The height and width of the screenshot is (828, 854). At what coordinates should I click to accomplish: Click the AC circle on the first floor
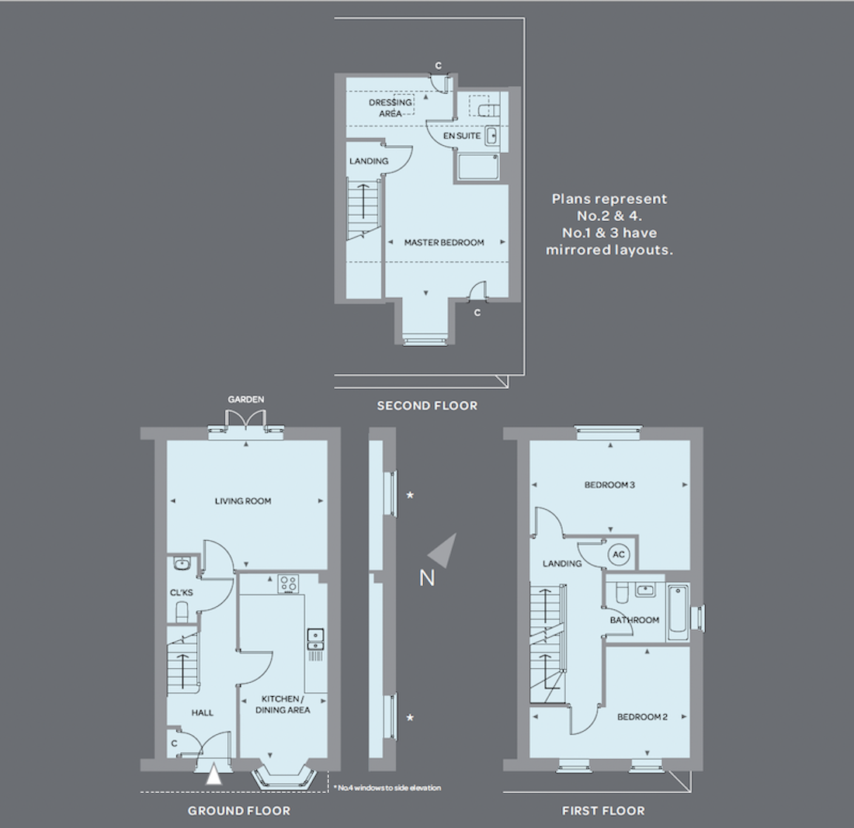point(619,555)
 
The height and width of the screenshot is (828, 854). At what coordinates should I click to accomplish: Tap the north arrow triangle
point(445,551)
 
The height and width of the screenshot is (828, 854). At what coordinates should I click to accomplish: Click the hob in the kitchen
point(288,584)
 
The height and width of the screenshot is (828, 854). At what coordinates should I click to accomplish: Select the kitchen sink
point(315,639)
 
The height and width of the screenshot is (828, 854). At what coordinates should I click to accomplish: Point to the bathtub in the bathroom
point(678,612)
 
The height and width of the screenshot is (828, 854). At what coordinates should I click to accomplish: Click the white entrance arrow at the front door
point(214,775)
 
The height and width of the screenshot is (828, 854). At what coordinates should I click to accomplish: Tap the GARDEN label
point(245,400)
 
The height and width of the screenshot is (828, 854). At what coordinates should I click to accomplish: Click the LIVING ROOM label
point(243,501)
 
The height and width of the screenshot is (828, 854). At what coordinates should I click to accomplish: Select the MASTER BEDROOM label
point(444,243)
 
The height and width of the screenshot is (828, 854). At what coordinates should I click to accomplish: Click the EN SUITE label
point(462,136)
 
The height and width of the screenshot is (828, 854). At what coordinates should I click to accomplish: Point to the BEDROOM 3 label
point(609,484)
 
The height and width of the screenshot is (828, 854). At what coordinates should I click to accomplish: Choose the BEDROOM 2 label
point(642,717)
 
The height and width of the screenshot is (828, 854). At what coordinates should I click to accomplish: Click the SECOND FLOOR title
point(427,406)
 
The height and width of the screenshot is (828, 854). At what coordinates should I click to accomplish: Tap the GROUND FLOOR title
point(239,811)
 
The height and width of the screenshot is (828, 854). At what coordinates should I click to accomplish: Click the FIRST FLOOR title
point(603,811)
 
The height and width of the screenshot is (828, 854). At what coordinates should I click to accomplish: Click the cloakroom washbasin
point(181,563)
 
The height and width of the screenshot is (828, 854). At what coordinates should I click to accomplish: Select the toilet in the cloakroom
point(182,611)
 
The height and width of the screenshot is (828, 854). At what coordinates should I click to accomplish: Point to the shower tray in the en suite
point(477,168)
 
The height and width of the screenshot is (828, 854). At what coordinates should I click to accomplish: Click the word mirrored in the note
point(583,251)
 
